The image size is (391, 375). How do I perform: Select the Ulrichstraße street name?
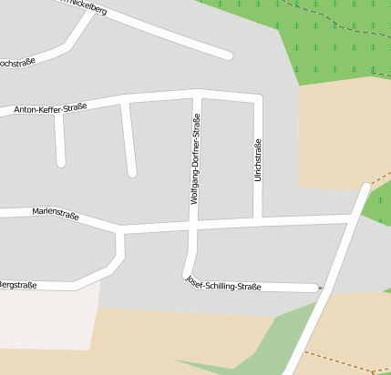(258, 158)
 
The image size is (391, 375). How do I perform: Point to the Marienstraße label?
(56, 216)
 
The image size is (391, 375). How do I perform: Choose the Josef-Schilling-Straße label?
(223, 284)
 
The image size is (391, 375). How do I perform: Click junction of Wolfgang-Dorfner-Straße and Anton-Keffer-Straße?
(198, 93)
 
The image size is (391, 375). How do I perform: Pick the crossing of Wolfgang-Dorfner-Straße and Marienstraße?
(194, 224)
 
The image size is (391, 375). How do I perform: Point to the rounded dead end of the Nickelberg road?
(228, 56)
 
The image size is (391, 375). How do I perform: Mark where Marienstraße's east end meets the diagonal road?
(351, 218)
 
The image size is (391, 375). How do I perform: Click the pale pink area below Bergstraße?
(46, 319)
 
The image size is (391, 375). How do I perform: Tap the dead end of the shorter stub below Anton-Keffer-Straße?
(61, 162)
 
